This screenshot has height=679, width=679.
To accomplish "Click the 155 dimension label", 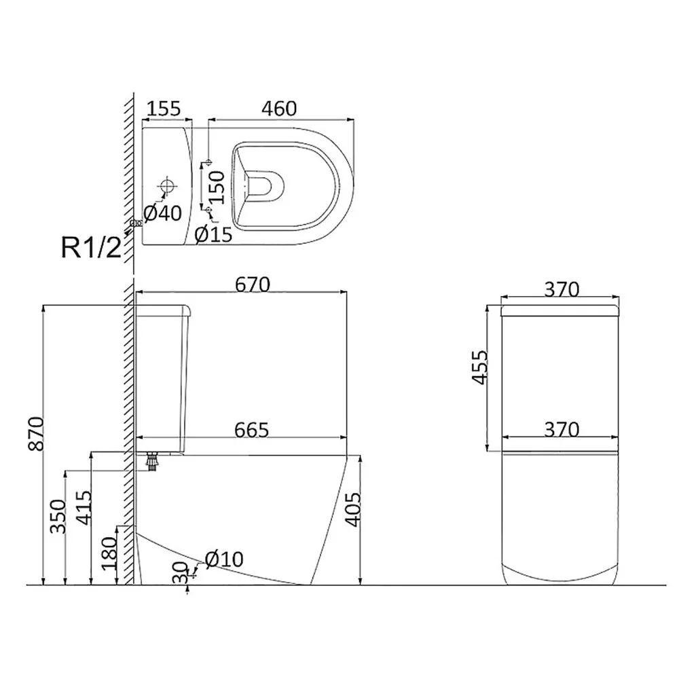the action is coord(164,109).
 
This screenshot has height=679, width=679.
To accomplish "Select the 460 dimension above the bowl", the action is coord(279,109).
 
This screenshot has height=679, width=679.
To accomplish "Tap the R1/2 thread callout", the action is coord(91,247).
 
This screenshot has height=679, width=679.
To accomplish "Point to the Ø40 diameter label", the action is coord(162,213).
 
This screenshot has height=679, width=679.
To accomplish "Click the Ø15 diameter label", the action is coord(213,234).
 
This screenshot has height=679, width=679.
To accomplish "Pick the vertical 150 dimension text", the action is coord(217,187).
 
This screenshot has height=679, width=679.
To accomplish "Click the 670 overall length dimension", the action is coord(253,285).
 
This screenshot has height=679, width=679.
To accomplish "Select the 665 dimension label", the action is coord(252,430).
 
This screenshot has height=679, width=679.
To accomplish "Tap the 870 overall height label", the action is coord(37,433).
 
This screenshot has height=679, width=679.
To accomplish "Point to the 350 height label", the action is coord(58,516).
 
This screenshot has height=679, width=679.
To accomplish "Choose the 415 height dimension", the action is coord(84,507).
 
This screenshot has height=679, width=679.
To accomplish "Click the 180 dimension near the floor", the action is coord(109,553).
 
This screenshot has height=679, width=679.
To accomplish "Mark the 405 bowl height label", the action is coord(353,509).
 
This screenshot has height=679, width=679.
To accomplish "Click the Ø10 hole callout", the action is coord(224,559).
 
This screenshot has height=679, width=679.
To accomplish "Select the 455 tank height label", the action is coord(480,367).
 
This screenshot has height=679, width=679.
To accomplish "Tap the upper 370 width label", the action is coord(562,289).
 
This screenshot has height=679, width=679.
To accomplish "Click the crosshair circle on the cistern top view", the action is coord(166,186).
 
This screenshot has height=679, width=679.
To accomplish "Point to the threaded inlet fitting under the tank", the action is coord(151,462).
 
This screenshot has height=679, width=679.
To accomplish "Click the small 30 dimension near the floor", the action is coord(181,572).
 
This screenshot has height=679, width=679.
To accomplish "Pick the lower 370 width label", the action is coord(562,430).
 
